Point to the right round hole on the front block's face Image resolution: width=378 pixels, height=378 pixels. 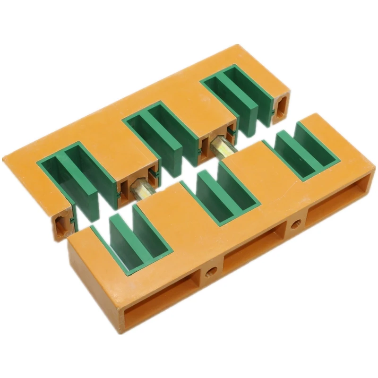pyautogui.click(x=297, y=223)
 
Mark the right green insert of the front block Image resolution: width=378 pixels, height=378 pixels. pyautogui.click(x=302, y=151)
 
